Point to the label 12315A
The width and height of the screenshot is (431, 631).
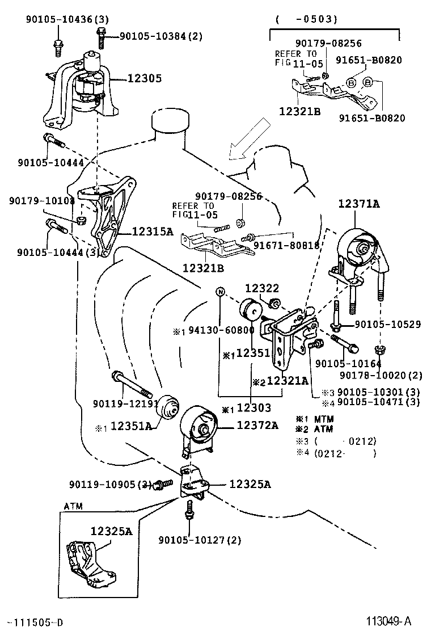pos(152,231)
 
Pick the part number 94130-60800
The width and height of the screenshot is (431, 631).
pos(221,330)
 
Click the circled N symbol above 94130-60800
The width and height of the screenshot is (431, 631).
pos(221,292)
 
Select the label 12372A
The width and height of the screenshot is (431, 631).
pos(257,424)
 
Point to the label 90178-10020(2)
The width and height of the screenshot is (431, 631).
pos(381,375)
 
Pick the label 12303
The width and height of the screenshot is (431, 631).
pos(254,407)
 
